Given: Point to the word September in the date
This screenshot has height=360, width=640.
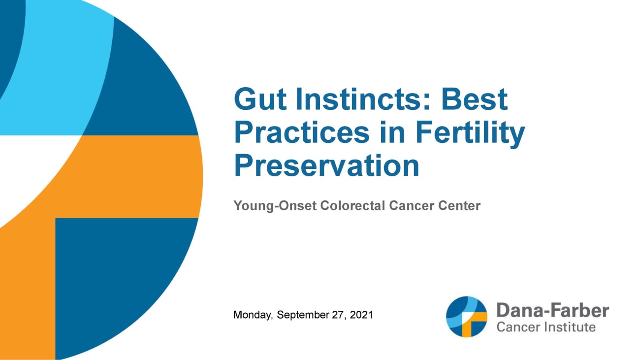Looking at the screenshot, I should [302, 314].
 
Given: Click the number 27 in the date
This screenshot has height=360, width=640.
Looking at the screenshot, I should [338, 314].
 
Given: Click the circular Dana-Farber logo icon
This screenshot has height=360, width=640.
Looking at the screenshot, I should [466, 317].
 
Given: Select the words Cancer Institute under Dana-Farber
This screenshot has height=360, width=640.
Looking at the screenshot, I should [546, 327].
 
